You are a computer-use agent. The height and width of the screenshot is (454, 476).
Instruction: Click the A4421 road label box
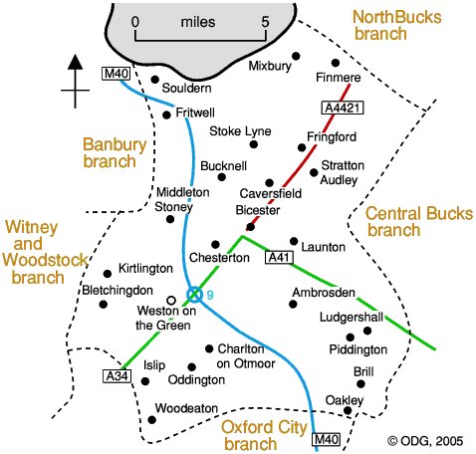(343, 108)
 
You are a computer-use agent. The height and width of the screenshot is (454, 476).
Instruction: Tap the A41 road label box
(279, 257)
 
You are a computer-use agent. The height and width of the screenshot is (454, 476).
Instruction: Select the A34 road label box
(117, 376)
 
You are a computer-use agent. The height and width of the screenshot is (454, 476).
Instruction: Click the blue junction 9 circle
(194, 295)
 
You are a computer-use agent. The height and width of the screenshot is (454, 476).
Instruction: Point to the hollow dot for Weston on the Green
(171, 301)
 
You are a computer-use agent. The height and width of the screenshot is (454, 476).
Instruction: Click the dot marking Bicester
(251, 227)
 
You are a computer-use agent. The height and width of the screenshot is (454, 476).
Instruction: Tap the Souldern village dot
(155, 80)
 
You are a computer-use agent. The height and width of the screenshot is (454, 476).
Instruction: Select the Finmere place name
(339, 78)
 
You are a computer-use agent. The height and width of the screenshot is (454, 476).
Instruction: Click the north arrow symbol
(76, 81)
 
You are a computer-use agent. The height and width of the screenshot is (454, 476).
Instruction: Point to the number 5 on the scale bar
(265, 22)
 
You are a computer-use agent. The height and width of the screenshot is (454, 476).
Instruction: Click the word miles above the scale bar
(198, 22)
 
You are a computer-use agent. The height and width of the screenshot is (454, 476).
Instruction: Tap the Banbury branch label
(115, 152)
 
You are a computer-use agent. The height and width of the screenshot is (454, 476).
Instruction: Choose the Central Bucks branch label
(419, 221)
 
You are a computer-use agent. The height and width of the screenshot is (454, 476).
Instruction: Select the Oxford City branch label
(264, 435)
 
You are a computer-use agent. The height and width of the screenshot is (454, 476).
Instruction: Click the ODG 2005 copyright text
(425, 441)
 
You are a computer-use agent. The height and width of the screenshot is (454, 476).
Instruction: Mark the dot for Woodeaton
(151, 420)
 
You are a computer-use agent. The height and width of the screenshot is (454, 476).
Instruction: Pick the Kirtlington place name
(145, 268)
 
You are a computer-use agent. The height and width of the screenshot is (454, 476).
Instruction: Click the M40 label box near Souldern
(116, 73)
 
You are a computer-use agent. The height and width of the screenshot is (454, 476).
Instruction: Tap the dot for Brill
(360, 384)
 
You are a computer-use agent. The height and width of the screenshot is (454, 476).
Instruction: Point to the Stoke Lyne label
(240, 131)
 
